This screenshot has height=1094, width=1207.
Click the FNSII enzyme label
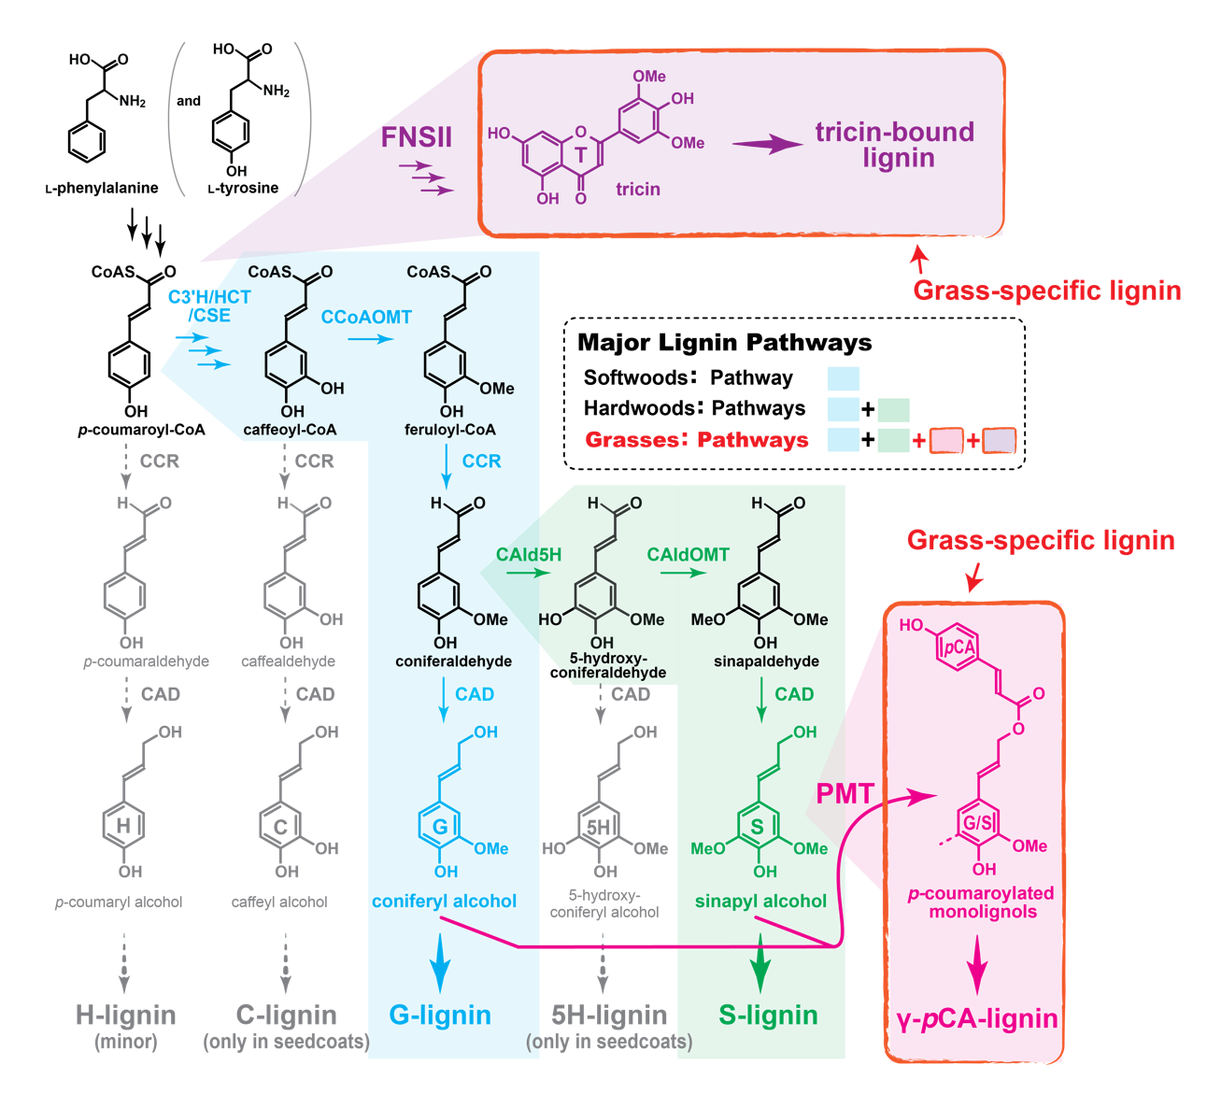[416, 137]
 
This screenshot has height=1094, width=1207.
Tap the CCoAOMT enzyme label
[366, 317]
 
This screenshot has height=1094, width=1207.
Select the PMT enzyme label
[845, 794]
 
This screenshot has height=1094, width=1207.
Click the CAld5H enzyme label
[528, 554]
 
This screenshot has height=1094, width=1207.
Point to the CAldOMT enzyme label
[688, 554]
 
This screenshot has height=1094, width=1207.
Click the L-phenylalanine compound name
[102, 188]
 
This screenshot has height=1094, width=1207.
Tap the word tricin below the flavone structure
[638, 189]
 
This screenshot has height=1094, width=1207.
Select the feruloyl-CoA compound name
[450, 430]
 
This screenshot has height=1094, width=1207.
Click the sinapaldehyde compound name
[766, 661]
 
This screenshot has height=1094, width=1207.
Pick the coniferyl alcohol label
[444, 901]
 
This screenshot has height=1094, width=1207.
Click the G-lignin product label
[440, 1015]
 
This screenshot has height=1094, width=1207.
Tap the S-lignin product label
[768, 1015]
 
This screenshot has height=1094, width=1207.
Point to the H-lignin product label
[126, 1015]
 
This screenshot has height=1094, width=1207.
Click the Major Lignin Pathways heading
[724, 343]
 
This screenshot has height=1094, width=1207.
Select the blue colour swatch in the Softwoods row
[843, 379]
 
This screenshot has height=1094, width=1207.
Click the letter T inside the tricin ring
[580, 155]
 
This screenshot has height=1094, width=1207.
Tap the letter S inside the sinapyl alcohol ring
[757, 827]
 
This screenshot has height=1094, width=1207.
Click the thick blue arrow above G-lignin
[440, 963]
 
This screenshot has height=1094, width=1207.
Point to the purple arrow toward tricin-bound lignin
[767, 145]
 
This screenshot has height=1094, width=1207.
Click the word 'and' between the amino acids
[189, 101]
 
